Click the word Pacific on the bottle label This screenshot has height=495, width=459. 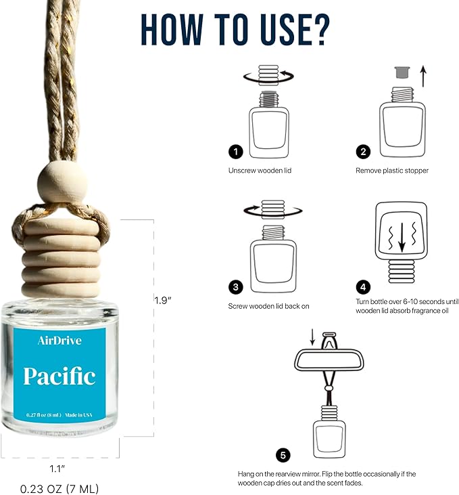[x=59, y=376]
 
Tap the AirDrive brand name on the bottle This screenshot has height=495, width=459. [x=59, y=341]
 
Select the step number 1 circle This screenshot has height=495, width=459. [x=235, y=152]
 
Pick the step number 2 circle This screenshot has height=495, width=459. [x=363, y=152]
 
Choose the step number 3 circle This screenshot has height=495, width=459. [x=235, y=287]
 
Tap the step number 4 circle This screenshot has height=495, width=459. [x=363, y=287]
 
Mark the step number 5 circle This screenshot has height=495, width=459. [x=283, y=455]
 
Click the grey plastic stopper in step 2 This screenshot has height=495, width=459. [x=402, y=72]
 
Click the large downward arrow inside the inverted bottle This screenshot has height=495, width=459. [x=402, y=237]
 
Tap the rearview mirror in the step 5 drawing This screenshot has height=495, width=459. [x=329, y=360]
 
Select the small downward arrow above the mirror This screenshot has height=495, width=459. [x=312, y=337]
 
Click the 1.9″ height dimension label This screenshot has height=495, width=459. [x=163, y=300]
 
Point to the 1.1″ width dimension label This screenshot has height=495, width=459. [x=57, y=469]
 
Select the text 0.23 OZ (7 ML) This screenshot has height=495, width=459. [x=59, y=489]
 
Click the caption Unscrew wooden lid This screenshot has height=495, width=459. [x=260, y=171]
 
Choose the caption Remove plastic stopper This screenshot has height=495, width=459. [x=392, y=171]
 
